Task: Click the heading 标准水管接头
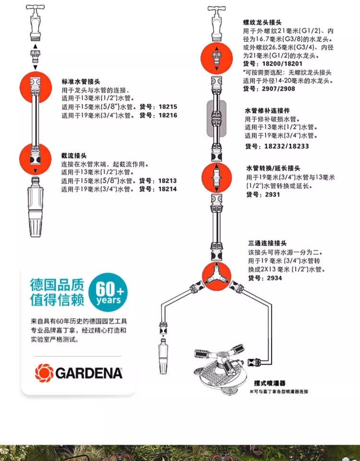(x=81, y=82)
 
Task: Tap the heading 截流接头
(x=74, y=156)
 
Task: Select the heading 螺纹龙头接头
(x=263, y=23)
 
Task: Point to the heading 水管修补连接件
(x=267, y=110)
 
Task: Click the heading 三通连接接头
(x=267, y=243)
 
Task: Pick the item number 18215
(x=168, y=107)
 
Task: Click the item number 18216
(x=168, y=115)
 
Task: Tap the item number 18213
(x=168, y=181)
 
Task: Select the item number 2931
(x=273, y=194)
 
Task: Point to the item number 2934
(x=275, y=278)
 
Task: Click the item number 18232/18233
(x=287, y=146)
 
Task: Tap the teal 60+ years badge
(x=108, y=292)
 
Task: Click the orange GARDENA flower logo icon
(x=44, y=373)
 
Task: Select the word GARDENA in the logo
(x=89, y=374)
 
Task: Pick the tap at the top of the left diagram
(x=35, y=23)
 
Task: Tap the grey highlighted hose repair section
(x=216, y=119)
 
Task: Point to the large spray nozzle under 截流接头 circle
(x=36, y=206)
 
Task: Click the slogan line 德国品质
(x=57, y=285)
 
